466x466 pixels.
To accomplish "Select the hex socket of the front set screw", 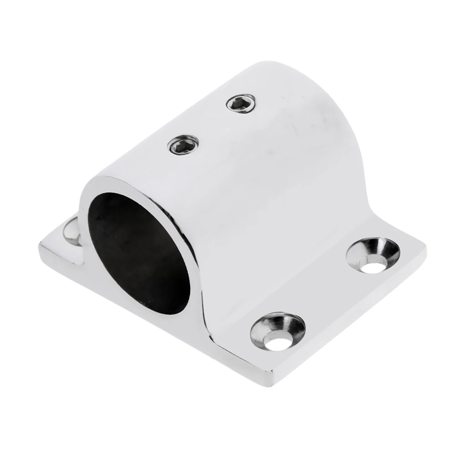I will tap(183, 144).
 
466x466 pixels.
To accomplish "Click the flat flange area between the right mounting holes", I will tap(328, 296).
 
